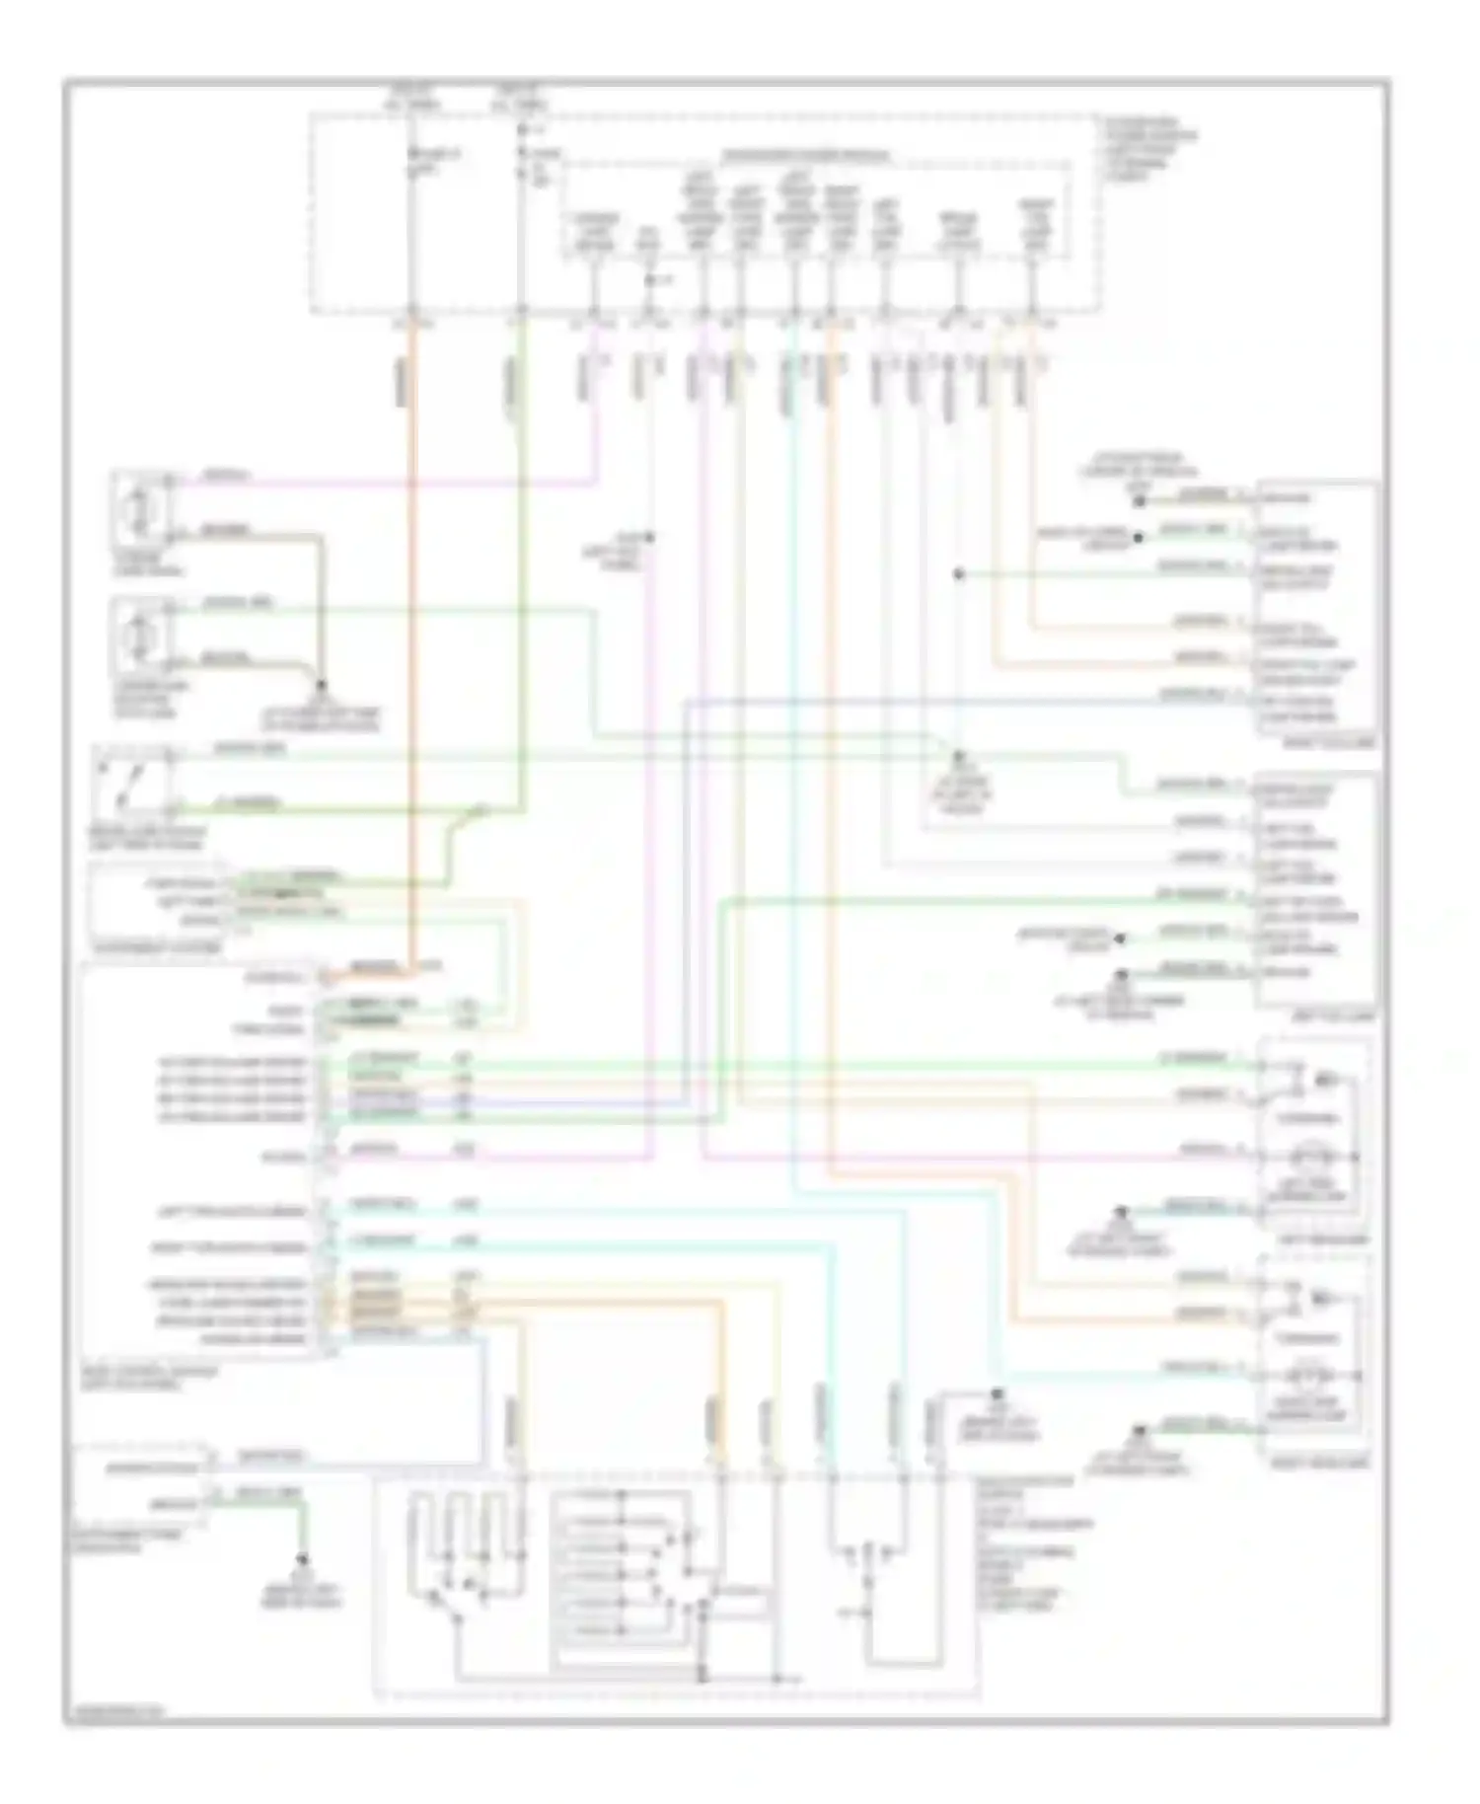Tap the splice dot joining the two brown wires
(x=321, y=683)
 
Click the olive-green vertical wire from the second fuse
(x=521, y=592)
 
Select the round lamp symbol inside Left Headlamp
(x=1313, y=1157)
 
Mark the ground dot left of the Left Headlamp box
(x=1121, y=1210)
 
